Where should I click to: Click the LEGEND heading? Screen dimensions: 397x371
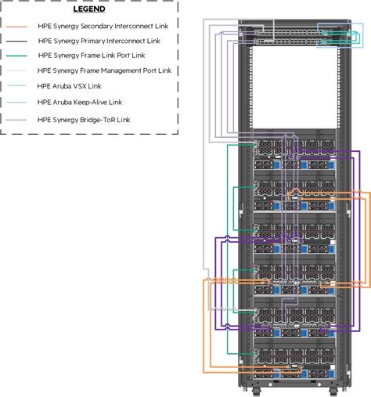pyautogui.click(x=88, y=10)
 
